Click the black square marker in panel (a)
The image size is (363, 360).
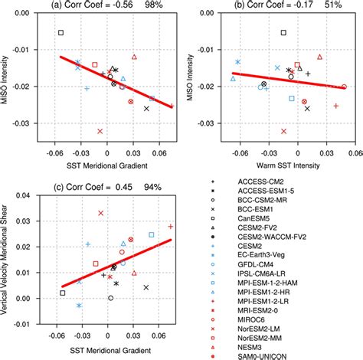(x=60, y=33)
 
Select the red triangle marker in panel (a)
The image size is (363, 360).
(x=134, y=57)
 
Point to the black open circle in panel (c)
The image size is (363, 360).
(x=111, y=298)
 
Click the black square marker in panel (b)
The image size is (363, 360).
(x=283, y=33)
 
